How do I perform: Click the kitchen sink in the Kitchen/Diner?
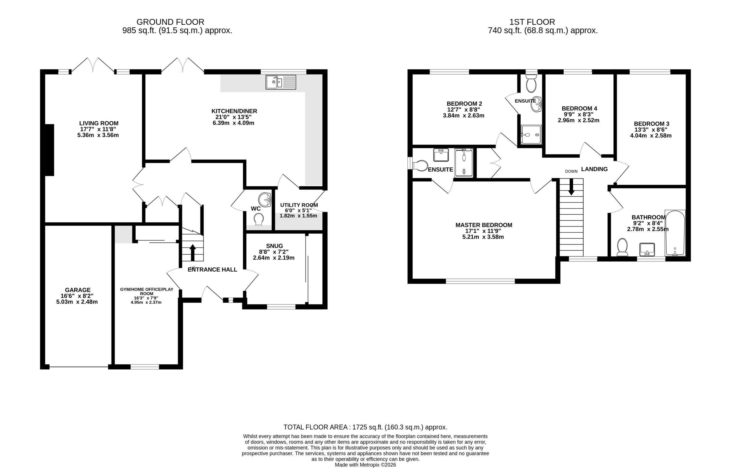(281, 82)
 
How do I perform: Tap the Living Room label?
(99, 123)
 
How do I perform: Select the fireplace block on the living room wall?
(49, 150)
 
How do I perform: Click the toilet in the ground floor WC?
(259, 219)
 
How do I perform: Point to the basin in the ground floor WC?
(265, 200)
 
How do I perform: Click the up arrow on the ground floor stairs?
(192, 252)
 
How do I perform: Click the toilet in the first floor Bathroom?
(622, 247)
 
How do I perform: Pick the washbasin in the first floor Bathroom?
(647, 249)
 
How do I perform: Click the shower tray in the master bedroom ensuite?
(464, 163)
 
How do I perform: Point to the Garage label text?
(78, 290)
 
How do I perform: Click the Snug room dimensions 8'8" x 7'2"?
(274, 252)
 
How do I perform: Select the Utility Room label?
(299, 205)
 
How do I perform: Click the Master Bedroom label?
(484, 225)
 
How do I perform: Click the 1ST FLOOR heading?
(532, 22)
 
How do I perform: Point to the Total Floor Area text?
(365, 427)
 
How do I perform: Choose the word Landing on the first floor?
(594, 169)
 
